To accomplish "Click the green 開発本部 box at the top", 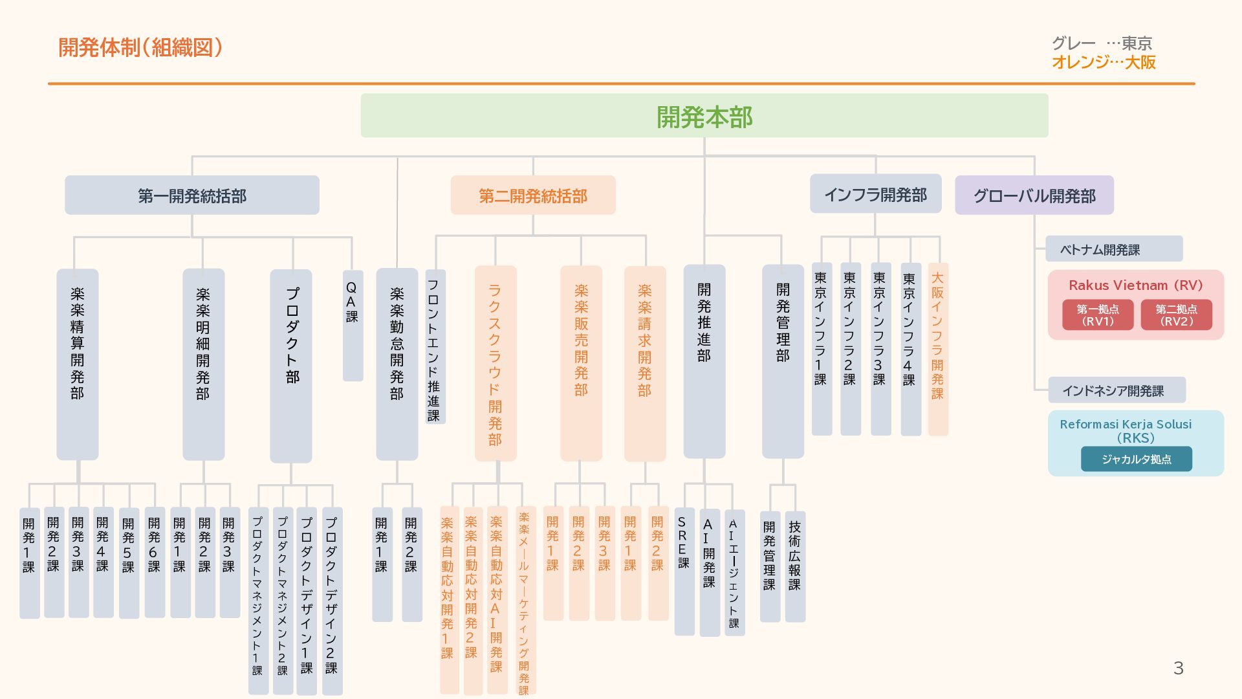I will point(704,116).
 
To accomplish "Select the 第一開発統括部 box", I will point(191,195).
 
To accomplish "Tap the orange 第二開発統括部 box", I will point(532,195).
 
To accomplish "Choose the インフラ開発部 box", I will point(875,194).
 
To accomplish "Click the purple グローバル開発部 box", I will point(1034,195).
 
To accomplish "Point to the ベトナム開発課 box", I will point(1113,249).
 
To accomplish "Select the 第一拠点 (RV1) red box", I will point(1097,315).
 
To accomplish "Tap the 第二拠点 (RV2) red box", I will point(1175,315).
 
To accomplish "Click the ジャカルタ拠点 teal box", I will point(1136,459).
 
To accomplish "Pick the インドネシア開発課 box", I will point(1116,390).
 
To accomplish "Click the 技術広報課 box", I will point(795,566).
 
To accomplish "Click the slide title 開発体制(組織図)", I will point(140,47).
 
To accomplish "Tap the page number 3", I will point(1178,668).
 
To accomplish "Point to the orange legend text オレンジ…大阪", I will point(1103,62).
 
